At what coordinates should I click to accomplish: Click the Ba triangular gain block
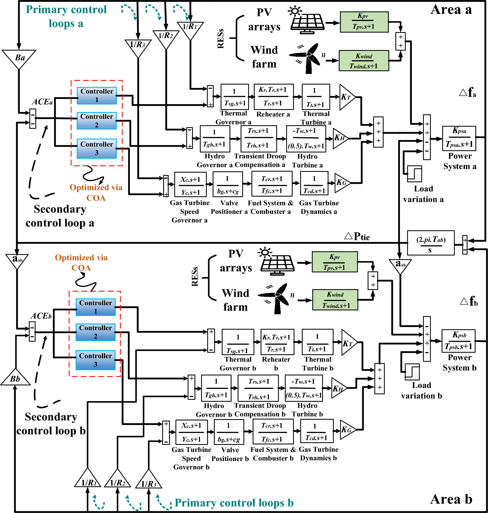[x=19, y=58]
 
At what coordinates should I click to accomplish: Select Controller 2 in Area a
[x=97, y=121]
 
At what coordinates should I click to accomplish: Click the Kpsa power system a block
[x=459, y=138]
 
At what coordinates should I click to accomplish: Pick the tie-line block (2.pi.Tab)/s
[x=430, y=243]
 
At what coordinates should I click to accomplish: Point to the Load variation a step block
[x=414, y=174]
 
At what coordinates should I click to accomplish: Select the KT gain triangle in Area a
[x=346, y=97]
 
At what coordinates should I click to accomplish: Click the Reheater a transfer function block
[x=274, y=97]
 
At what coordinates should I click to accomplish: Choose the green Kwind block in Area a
[x=364, y=61]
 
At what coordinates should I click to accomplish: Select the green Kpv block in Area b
[x=334, y=262]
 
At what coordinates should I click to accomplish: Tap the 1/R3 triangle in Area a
[x=138, y=47]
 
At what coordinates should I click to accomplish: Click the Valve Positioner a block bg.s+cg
[x=228, y=184]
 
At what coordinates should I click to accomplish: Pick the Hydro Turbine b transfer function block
[x=304, y=388]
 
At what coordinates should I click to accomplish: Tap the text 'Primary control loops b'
[x=234, y=503]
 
